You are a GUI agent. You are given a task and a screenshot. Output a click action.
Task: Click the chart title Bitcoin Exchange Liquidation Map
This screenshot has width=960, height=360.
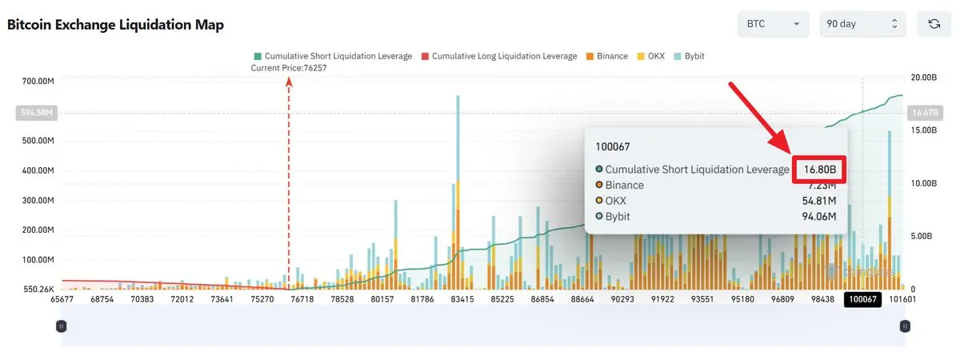[x=115, y=25]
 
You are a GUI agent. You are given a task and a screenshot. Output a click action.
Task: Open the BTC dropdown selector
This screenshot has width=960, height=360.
[x=773, y=24]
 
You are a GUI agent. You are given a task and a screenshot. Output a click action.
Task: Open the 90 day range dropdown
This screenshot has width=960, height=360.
[x=863, y=24]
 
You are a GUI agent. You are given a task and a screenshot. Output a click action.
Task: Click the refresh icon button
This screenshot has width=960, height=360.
[x=934, y=24]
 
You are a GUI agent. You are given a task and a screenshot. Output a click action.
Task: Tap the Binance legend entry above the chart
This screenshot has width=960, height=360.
[x=608, y=56]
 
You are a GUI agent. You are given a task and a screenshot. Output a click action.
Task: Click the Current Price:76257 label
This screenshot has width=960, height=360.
[x=289, y=68]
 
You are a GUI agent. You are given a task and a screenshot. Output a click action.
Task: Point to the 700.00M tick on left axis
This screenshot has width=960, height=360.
[x=38, y=82]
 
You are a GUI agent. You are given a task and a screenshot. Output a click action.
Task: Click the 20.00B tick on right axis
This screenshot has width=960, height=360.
[x=923, y=78]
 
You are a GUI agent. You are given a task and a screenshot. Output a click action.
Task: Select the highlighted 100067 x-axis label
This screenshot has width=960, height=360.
[x=863, y=299]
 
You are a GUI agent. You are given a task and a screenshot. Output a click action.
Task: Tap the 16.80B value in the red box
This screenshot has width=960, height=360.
[x=820, y=170]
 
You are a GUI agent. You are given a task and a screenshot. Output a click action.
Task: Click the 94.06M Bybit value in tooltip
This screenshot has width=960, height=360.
[x=819, y=217]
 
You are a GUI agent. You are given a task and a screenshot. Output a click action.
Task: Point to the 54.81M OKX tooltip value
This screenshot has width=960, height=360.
[x=819, y=201]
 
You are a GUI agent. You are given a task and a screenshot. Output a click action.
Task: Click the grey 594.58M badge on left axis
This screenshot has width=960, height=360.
[x=34, y=113]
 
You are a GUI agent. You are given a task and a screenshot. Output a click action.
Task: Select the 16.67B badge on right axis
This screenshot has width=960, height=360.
[x=924, y=113]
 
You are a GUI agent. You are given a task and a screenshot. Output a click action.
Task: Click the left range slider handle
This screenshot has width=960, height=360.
[x=61, y=326]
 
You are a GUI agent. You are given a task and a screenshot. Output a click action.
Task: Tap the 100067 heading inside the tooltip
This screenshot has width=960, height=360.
[x=612, y=147]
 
